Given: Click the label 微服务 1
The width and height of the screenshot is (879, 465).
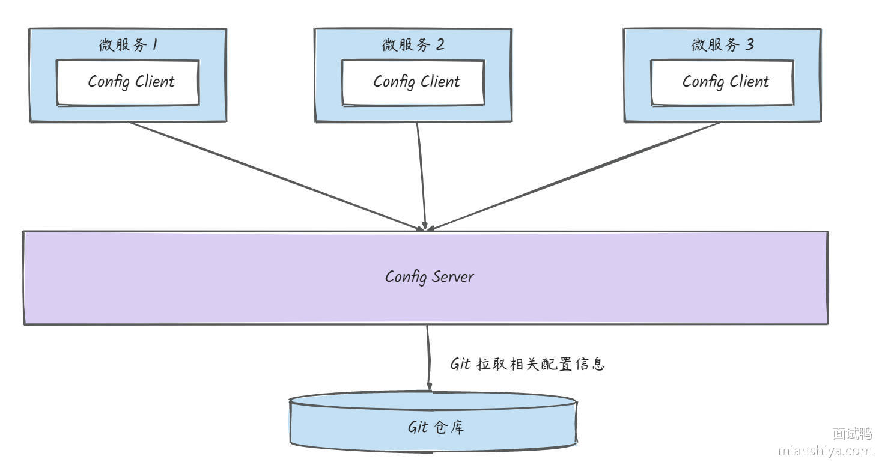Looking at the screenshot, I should click(128, 45).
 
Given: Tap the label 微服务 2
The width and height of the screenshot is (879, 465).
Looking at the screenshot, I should click(413, 45).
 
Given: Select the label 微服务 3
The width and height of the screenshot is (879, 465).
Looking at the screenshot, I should click(722, 45).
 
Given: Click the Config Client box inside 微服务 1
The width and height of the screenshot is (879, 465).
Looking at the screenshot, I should click(128, 82).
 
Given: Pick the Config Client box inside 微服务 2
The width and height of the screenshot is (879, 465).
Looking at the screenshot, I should click(413, 82).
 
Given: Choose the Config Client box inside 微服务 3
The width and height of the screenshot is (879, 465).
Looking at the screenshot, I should click(722, 82).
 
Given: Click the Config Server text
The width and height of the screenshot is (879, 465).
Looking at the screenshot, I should click(429, 277).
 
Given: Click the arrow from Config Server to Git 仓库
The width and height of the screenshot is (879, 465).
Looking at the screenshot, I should click(428, 357).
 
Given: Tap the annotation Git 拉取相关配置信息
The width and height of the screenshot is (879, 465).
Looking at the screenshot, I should click(527, 364).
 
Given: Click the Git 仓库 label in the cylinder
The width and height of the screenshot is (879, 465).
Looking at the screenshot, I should click(436, 428).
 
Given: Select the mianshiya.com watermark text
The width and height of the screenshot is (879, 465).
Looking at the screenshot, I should click(824, 451).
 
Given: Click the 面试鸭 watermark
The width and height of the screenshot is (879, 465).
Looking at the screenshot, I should click(851, 433).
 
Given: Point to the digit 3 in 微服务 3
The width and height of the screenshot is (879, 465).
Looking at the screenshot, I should click(749, 45).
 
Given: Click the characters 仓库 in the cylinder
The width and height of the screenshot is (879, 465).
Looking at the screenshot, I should click(448, 428).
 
